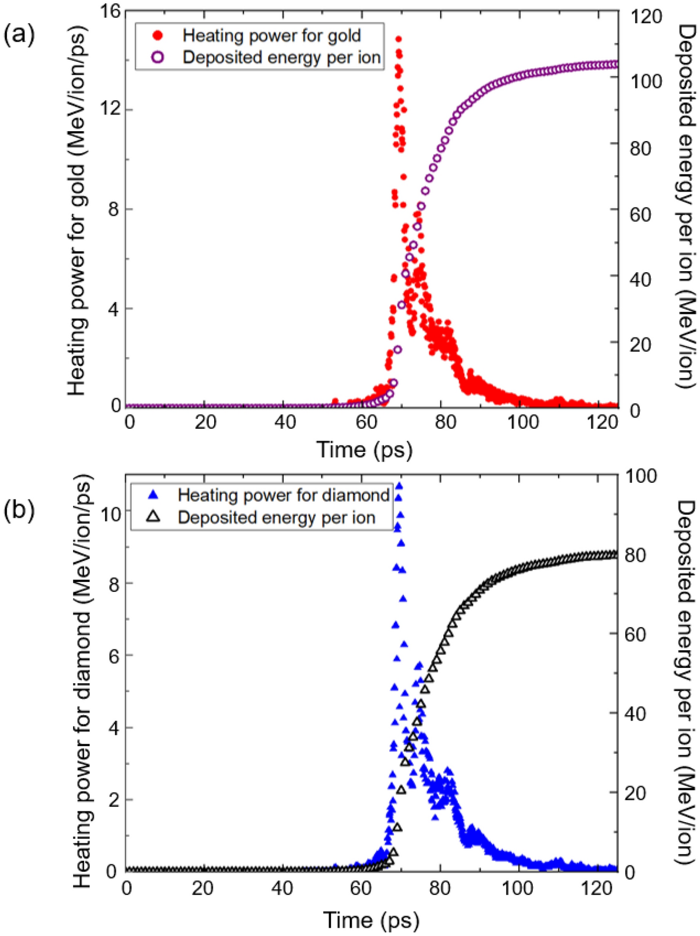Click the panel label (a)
coord(19,34)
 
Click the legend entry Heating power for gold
coord(271,36)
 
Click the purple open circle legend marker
coord(158,58)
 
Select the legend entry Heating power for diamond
coord(283,495)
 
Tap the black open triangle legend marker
coord(153,517)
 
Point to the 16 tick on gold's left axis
coord(111,11)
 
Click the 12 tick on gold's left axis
coord(111,109)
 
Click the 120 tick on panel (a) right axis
coord(645,17)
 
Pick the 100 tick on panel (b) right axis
coord(641,476)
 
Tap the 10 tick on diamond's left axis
coord(110,513)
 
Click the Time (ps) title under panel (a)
coord(364,449)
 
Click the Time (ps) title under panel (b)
coord(371,920)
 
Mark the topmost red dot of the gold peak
coord(398,39)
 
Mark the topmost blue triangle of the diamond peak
coord(399,486)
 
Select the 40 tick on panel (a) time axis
coord(284,422)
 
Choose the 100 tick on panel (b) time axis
coord(517,888)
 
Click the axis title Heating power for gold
coord(77,211)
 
